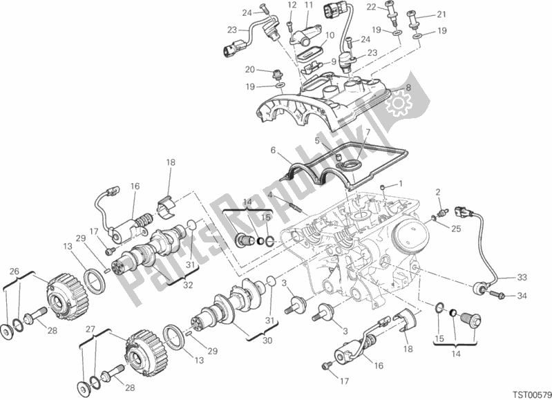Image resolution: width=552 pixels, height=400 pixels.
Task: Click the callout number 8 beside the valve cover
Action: click(x=408, y=88)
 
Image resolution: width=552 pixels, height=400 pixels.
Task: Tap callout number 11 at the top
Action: click(x=308, y=6)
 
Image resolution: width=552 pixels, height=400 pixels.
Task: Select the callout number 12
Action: click(x=292, y=6)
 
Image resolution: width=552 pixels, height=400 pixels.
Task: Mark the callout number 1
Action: click(x=399, y=184)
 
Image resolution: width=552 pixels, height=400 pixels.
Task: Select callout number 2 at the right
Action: click(x=437, y=191)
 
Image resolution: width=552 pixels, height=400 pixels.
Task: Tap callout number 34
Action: click(x=522, y=297)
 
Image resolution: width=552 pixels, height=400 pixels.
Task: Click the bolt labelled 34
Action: click(x=496, y=297)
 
